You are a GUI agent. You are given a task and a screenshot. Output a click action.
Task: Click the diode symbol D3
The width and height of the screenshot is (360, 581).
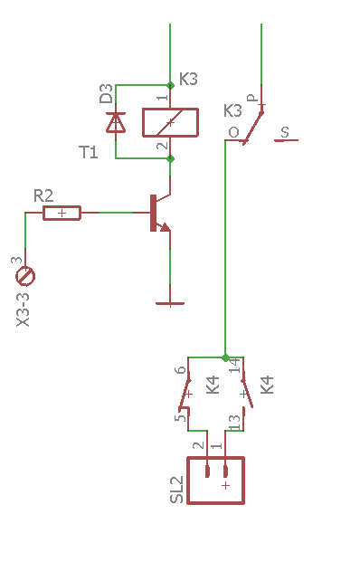(116, 122)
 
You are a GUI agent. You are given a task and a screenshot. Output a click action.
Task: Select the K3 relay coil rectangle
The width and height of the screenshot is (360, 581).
(170, 122)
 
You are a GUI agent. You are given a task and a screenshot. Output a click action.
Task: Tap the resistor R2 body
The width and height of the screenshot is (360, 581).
(62, 213)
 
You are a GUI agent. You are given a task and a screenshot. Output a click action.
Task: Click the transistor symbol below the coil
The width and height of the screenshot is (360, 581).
(160, 213)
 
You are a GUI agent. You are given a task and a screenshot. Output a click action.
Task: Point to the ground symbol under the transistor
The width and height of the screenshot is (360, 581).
(170, 304)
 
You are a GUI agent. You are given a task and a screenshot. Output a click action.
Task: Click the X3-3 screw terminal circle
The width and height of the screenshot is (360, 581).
(25, 276)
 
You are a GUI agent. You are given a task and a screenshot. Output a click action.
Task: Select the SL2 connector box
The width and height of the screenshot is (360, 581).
(215, 481)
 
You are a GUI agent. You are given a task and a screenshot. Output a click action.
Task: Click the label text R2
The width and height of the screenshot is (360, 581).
(43, 195)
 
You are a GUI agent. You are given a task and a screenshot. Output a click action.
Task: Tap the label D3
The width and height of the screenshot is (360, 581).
(106, 93)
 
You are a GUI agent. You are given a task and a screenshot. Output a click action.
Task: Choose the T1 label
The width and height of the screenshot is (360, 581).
(89, 152)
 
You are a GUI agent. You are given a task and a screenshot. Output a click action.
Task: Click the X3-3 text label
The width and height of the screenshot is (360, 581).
(23, 310)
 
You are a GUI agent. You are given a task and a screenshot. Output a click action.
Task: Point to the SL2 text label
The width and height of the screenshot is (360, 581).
(176, 490)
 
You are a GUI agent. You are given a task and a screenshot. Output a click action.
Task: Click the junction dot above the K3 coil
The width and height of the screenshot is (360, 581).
(170, 86)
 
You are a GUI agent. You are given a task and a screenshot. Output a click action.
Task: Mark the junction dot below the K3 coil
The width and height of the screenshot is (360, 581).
(170, 159)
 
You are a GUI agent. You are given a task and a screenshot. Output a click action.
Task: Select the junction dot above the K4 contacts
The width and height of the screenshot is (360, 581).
(225, 358)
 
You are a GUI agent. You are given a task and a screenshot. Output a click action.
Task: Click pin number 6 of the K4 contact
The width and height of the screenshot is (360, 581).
(180, 370)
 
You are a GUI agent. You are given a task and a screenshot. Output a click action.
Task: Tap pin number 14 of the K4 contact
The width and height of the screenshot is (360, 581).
(235, 366)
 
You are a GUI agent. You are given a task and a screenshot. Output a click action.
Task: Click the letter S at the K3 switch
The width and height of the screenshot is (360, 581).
(284, 132)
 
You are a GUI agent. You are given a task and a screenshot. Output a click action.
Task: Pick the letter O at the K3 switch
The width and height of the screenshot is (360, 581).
(233, 132)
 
